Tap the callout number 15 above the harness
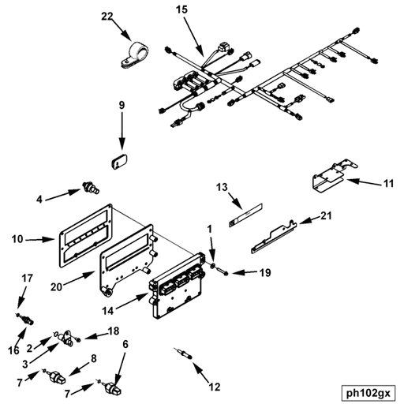pyautogui.click(x=182, y=10)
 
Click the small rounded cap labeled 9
pyautogui.click(x=121, y=161)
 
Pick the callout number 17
pyautogui.click(x=26, y=278)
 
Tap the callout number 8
pyautogui.click(x=94, y=359)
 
